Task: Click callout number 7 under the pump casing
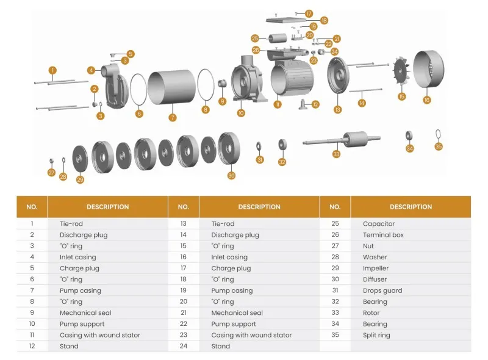pyautogui.click(x=173, y=117)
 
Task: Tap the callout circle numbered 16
pyautogui.click(x=427, y=99)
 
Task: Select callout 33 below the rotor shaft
pyautogui.click(x=336, y=154)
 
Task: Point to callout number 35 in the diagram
pyautogui.click(x=439, y=146)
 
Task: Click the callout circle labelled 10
pyautogui.click(x=241, y=113)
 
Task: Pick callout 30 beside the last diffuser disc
pyautogui.click(x=231, y=176)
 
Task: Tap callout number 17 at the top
pyautogui.click(x=309, y=13)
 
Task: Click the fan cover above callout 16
pyautogui.click(x=429, y=71)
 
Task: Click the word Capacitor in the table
pyautogui.click(x=379, y=224)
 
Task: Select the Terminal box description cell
pyautogui.click(x=383, y=235)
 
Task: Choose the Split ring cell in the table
pyautogui.click(x=376, y=335)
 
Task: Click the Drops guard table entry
pyautogui.click(x=382, y=290)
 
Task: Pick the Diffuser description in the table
pyautogui.click(x=375, y=279)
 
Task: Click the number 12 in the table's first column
pyautogui.click(x=32, y=346)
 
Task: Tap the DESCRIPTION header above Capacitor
pyautogui.click(x=411, y=207)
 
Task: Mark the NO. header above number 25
pyautogui.click(x=335, y=207)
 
